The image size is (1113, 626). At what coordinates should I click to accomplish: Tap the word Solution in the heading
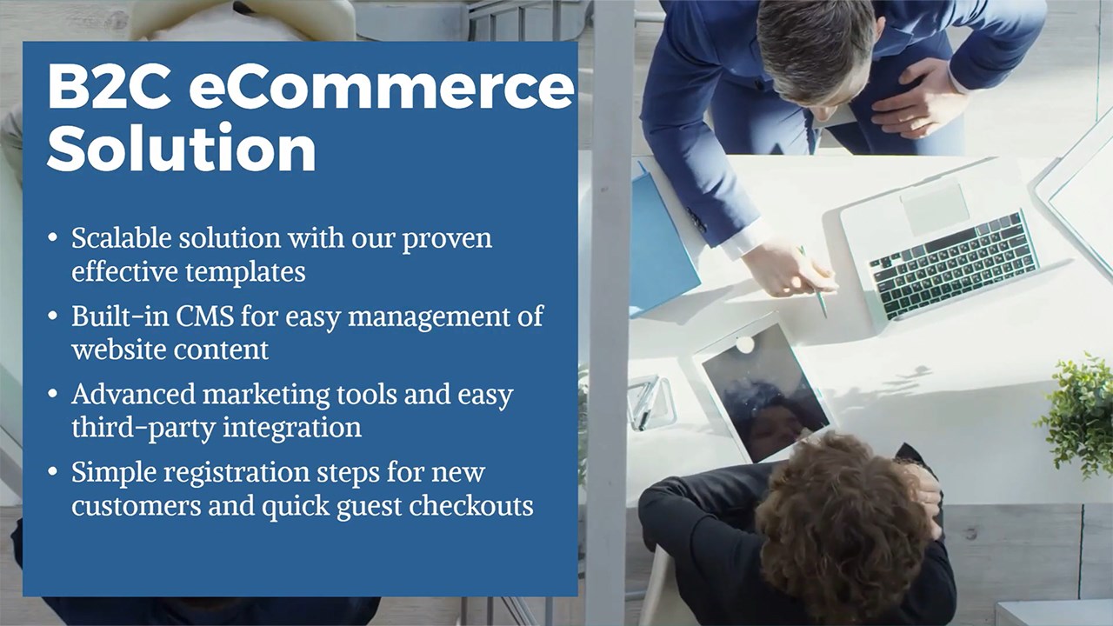coord(182,147)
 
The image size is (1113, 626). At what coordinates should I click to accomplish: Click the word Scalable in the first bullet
coord(122,237)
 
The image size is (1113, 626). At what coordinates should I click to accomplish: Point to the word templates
coord(245,272)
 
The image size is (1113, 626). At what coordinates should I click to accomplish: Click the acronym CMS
coord(204,316)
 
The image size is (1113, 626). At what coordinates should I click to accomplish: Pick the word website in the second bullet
coord(119,350)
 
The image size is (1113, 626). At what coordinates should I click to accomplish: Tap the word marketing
coord(266,396)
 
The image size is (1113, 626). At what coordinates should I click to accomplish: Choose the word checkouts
coord(471,505)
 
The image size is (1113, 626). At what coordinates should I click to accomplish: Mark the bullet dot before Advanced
coord(53,394)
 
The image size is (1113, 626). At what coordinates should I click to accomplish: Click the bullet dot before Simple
coord(53,471)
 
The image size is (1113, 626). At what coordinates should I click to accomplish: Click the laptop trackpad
coord(935,208)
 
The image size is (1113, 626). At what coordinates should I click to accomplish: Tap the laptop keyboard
coord(954,265)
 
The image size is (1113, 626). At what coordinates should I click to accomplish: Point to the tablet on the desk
coord(763,390)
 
